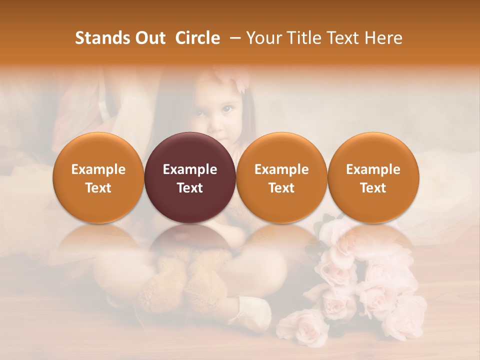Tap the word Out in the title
point(148,38)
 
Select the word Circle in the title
point(197,38)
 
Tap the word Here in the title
point(384,38)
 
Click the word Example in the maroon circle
point(190,169)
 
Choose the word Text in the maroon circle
point(190,188)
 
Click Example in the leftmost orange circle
point(98,169)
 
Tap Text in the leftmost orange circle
point(98,188)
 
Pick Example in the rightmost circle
point(373,169)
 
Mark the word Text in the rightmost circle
point(373,188)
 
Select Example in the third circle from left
point(281,169)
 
